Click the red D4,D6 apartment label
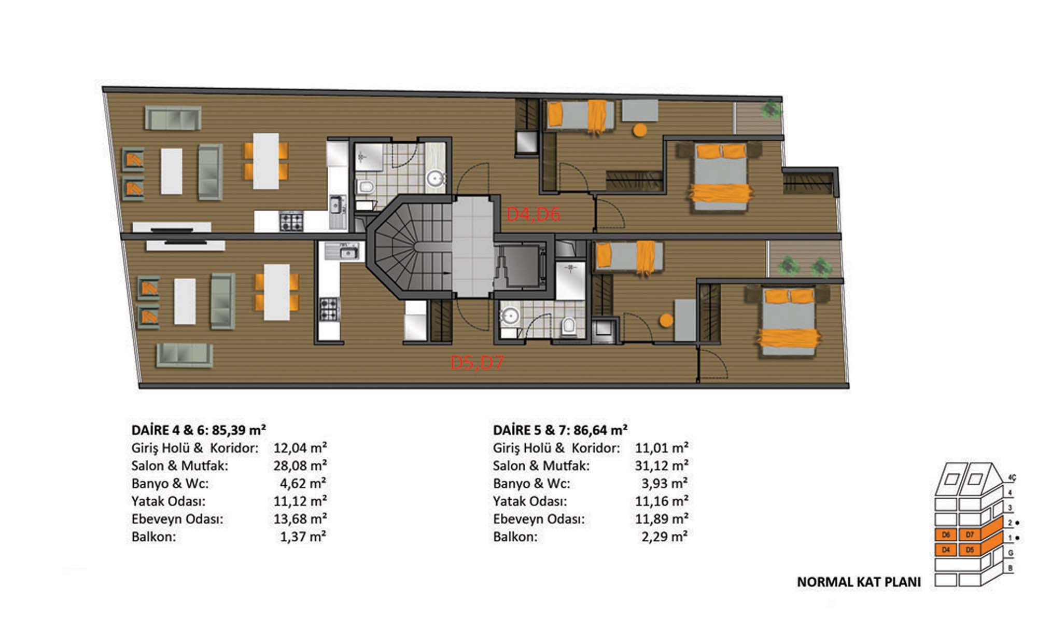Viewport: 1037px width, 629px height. coord(533,214)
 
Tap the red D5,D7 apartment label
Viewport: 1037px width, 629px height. coord(477,362)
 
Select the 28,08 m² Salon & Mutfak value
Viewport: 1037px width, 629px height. coord(300,466)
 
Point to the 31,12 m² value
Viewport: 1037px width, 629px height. coord(662,466)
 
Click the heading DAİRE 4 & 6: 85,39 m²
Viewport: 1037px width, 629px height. coord(199,430)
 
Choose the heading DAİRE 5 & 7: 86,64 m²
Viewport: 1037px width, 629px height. coord(560,430)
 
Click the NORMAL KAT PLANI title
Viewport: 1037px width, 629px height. coord(859,582)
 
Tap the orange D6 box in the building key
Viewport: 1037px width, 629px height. coord(946,535)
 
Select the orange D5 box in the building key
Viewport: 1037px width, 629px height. coord(970,550)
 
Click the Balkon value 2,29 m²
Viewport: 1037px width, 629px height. coord(665,536)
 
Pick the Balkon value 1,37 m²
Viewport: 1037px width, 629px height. coord(303,536)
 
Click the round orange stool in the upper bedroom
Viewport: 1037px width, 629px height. coord(640,130)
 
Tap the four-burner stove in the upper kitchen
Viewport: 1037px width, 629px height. coord(291,222)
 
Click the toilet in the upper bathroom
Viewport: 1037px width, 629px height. coord(366,187)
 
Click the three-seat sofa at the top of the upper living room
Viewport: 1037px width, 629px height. coord(173,118)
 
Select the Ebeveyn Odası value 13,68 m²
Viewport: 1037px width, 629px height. coord(300,518)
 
